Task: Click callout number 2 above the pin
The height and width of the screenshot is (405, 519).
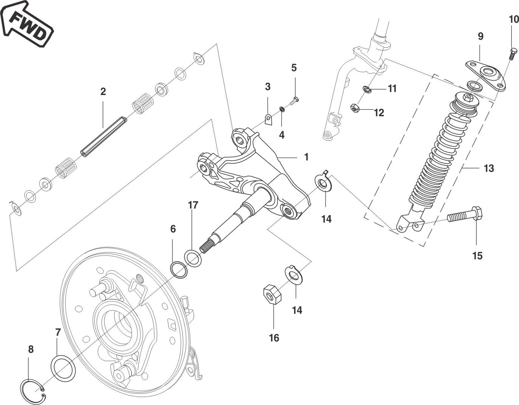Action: tap(103, 91)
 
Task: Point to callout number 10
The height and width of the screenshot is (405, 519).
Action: tap(514, 19)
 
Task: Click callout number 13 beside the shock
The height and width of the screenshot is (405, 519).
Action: tap(489, 168)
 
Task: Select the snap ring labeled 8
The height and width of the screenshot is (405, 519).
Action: tap(33, 390)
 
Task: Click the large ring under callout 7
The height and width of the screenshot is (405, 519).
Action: tap(63, 368)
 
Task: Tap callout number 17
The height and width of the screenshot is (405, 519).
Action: tap(193, 205)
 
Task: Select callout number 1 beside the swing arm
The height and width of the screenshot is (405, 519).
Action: tap(306, 157)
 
